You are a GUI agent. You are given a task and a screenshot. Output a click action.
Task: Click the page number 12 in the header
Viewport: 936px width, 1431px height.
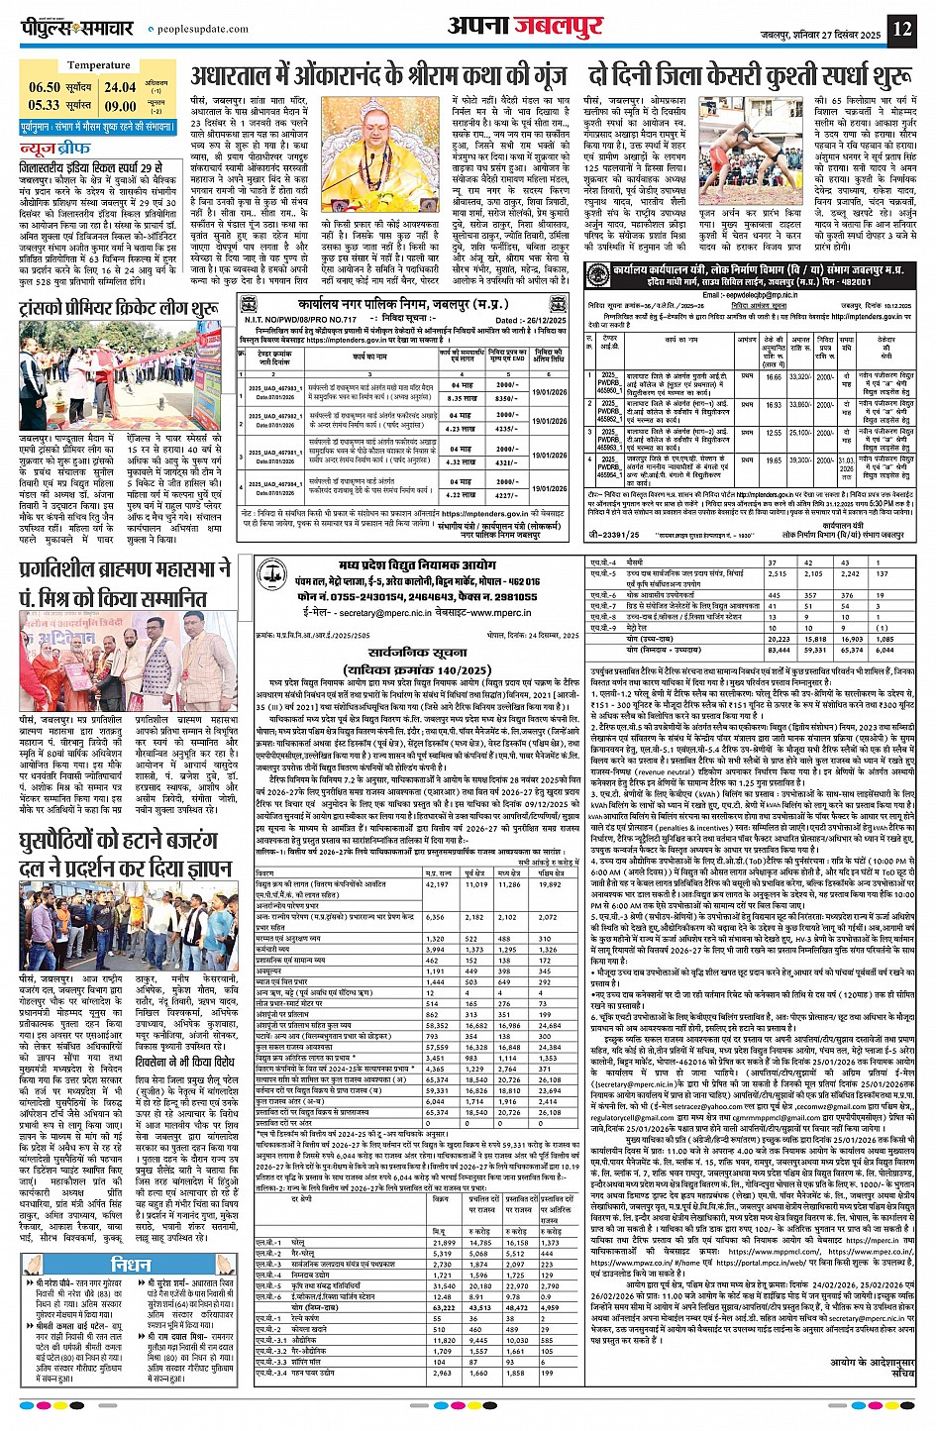tap(901, 28)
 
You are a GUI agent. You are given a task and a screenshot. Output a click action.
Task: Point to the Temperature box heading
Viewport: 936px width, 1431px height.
tap(98, 65)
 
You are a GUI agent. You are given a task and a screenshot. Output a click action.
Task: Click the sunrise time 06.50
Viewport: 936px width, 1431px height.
tap(45, 88)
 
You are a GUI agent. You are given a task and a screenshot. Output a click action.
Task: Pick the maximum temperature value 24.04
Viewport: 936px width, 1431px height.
tap(121, 88)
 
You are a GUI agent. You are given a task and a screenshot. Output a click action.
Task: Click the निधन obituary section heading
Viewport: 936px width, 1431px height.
tap(131, 1266)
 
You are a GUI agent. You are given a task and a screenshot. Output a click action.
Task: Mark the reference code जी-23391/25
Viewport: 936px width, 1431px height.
tap(614, 535)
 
